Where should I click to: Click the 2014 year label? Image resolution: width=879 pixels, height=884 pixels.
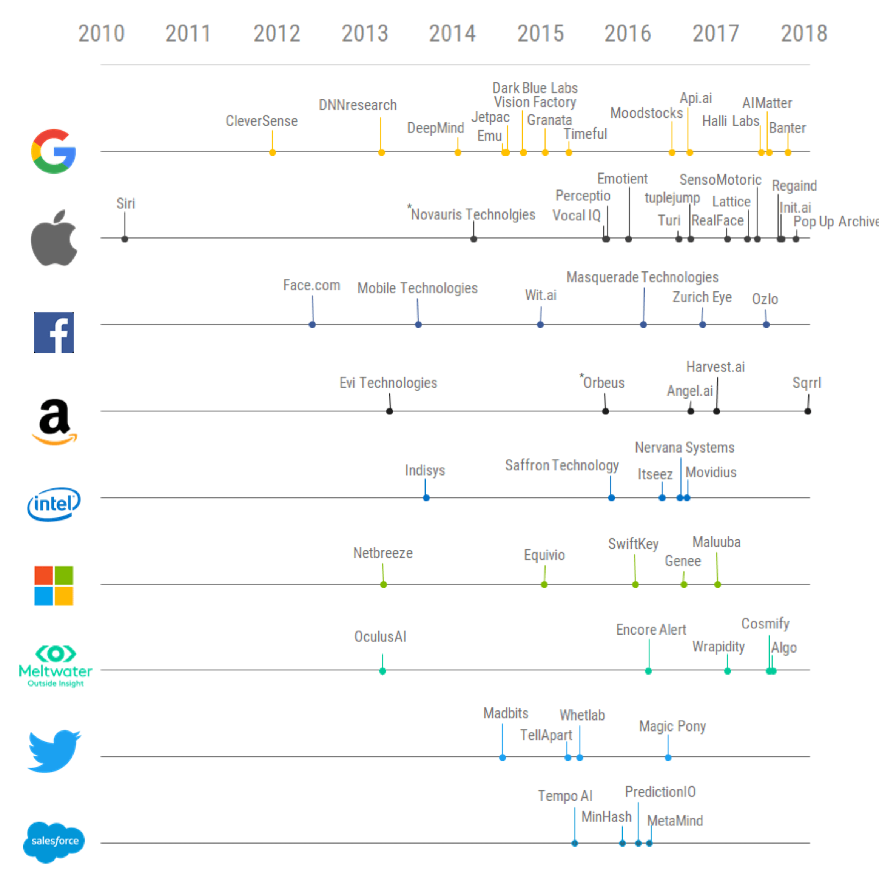pyautogui.click(x=452, y=33)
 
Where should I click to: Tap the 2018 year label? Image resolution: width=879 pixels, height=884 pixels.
pyautogui.click(x=803, y=33)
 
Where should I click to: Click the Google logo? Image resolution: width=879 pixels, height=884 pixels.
pyautogui.click(x=54, y=151)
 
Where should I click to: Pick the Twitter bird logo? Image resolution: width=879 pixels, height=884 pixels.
pyautogui.click(x=54, y=751)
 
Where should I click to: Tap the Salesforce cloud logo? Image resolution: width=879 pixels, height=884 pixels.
pyautogui.click(x=54, y=841)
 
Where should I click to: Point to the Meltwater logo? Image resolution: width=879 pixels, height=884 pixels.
pyautogui.click(x=56, y=666)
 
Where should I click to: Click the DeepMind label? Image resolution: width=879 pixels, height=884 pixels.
pyautogui.click(x=435, y=128)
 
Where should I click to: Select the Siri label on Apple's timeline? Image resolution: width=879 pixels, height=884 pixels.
pyautogui.click(x=125, y=203)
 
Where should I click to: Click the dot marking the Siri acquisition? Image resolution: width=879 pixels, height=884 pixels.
pyautogui.click(x=125, y=239)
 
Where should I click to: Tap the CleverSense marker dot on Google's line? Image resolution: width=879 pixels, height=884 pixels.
pyautogui.click(x=272, y=152)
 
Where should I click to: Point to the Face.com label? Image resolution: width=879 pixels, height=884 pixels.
pyautogui.click(x=311, y=285)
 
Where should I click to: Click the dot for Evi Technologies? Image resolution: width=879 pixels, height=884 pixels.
pyautogui.click(x=390, y=411)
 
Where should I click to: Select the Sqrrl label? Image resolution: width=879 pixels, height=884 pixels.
pyautogui.click(x=807, y=382)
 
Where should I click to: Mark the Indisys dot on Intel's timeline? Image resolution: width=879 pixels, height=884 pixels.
pyautogui.click(x=426, y=498)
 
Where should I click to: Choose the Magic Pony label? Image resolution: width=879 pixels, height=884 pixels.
pyautogui.click(x=672, y=726)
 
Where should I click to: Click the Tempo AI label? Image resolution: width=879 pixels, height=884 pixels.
pyautogui.click(x=565, y=796)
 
